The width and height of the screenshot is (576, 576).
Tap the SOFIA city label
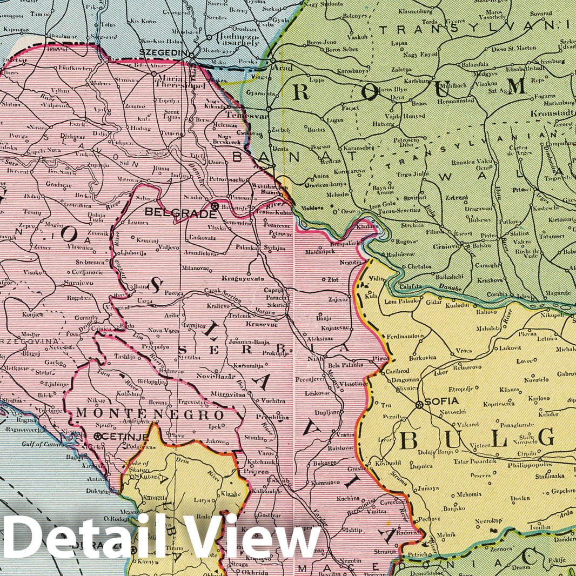444,401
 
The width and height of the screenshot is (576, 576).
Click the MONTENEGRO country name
150,415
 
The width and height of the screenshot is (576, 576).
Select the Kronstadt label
559,114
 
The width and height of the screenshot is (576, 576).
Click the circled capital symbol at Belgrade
215,206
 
